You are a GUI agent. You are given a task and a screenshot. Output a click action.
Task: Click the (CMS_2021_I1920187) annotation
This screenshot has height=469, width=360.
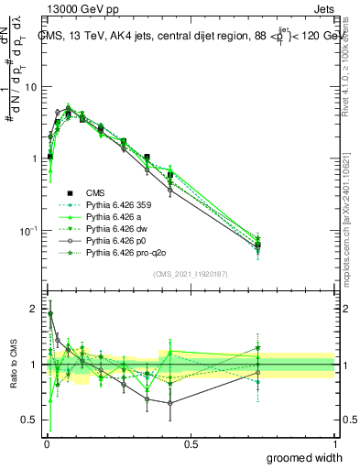(x=190, y=274)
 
